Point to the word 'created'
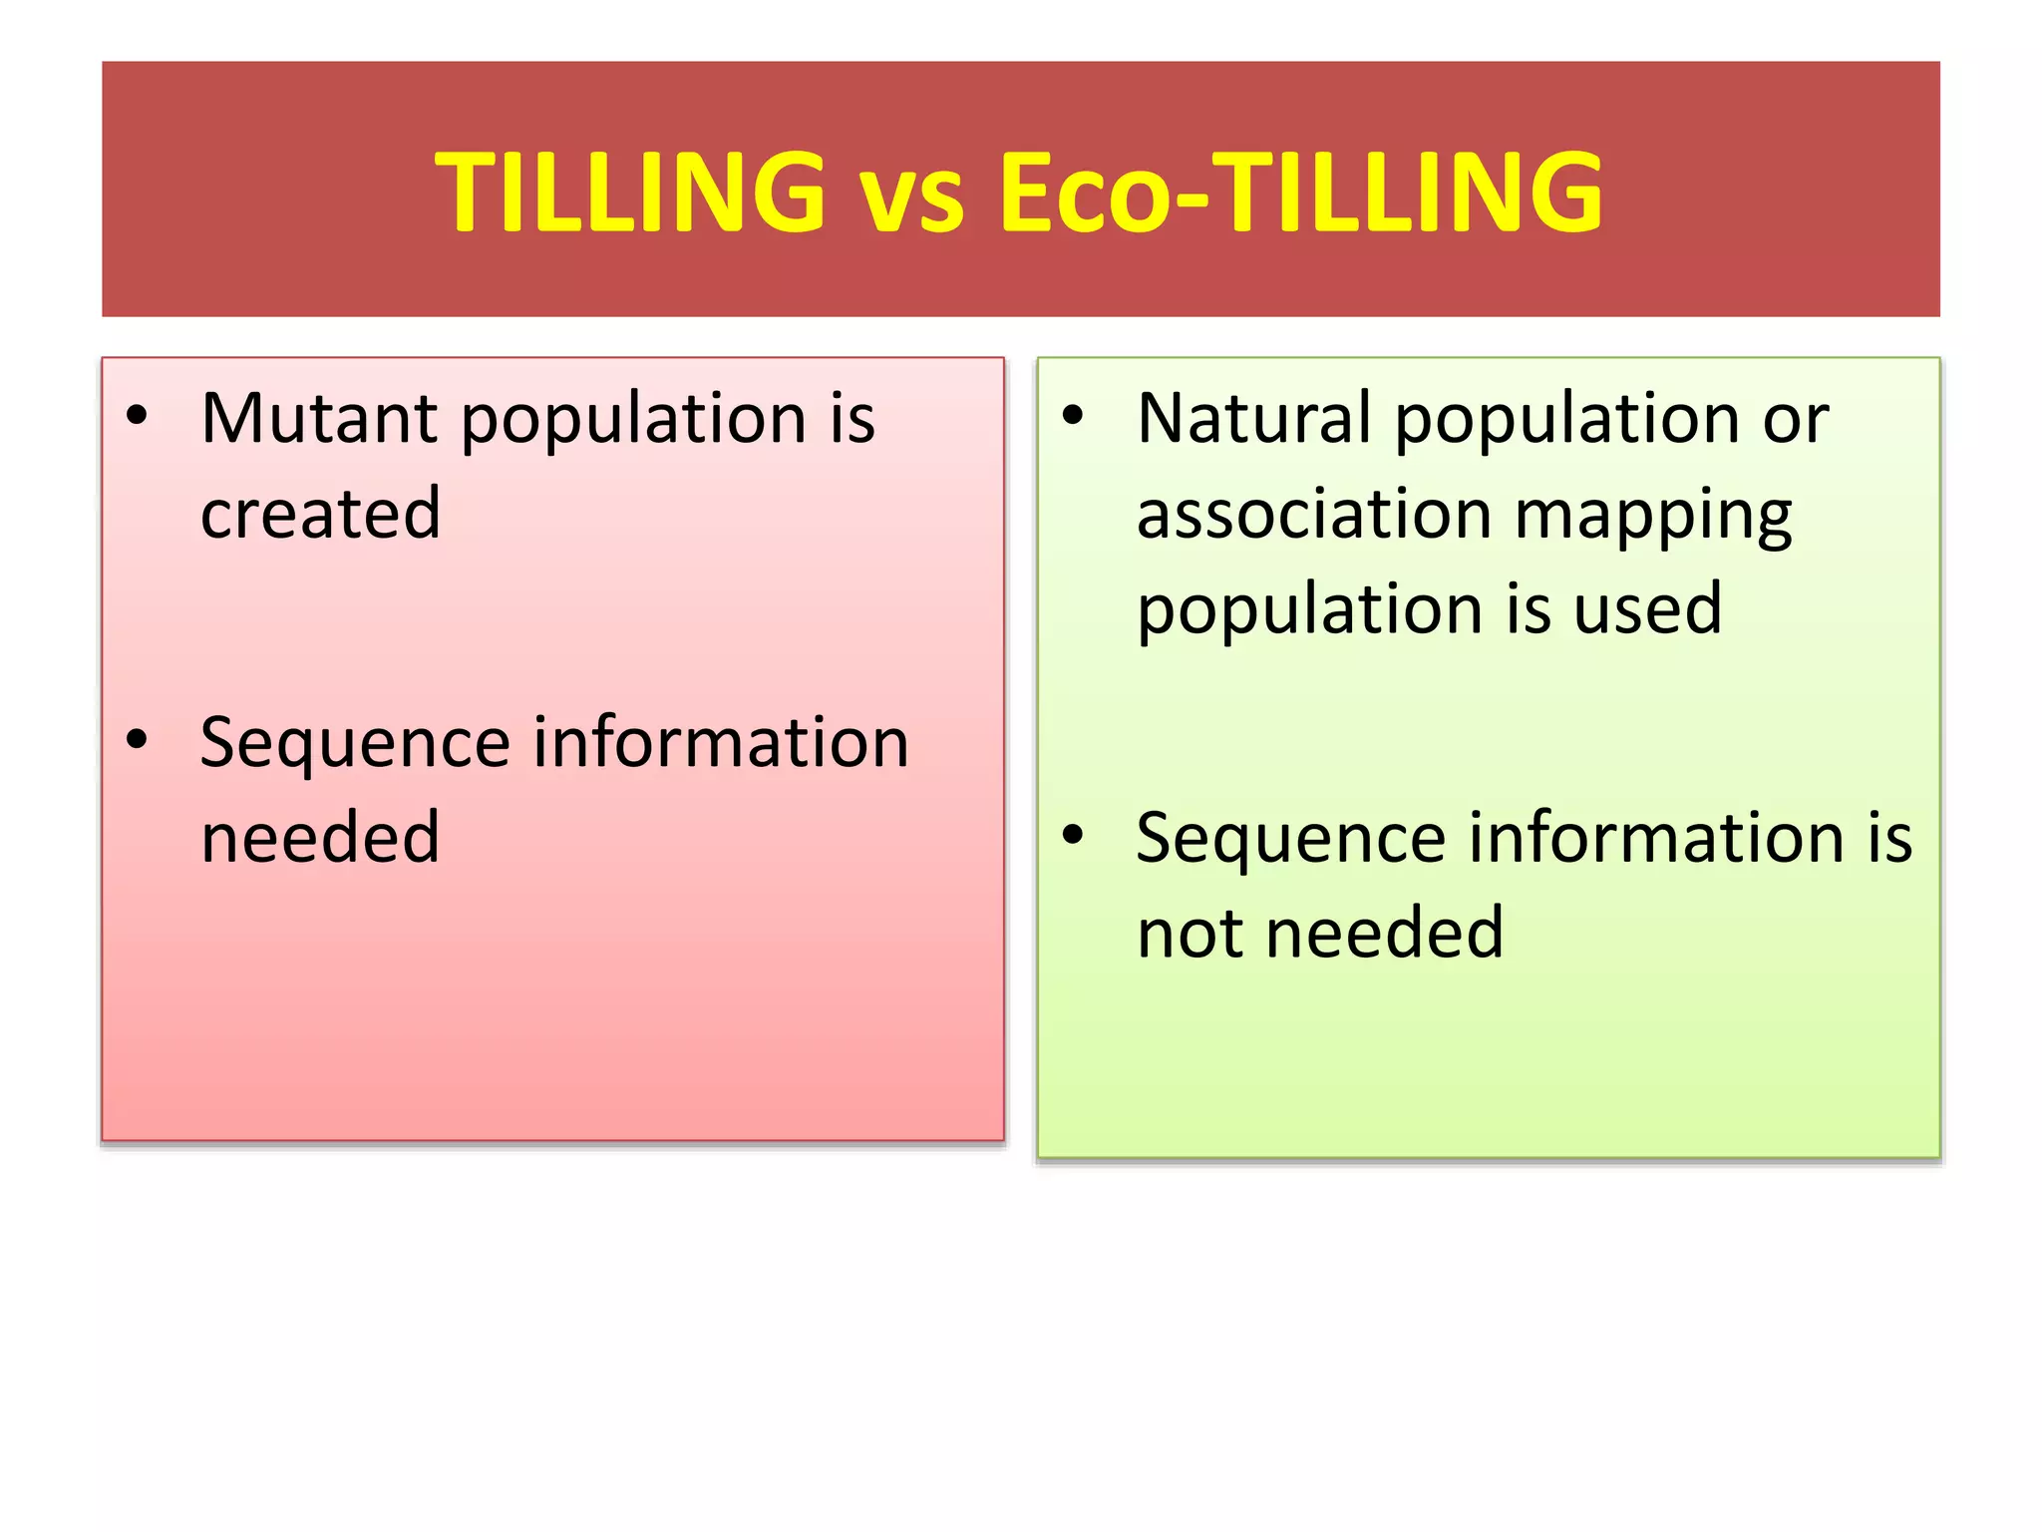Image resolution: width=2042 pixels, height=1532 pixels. (x=320, y=513)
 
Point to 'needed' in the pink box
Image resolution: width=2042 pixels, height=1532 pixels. (x=320, y=838)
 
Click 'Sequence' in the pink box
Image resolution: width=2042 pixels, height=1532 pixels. (x=355, y=744)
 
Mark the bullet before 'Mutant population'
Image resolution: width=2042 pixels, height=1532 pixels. (x=137, y=415)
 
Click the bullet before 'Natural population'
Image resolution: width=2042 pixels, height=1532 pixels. (x=1072, y=415)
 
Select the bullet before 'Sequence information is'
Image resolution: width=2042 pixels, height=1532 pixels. (x=1072, y=835)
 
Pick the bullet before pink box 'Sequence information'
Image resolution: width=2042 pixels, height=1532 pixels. (x=137, y=739)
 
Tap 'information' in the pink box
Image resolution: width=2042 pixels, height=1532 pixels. (x=721, y=742)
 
